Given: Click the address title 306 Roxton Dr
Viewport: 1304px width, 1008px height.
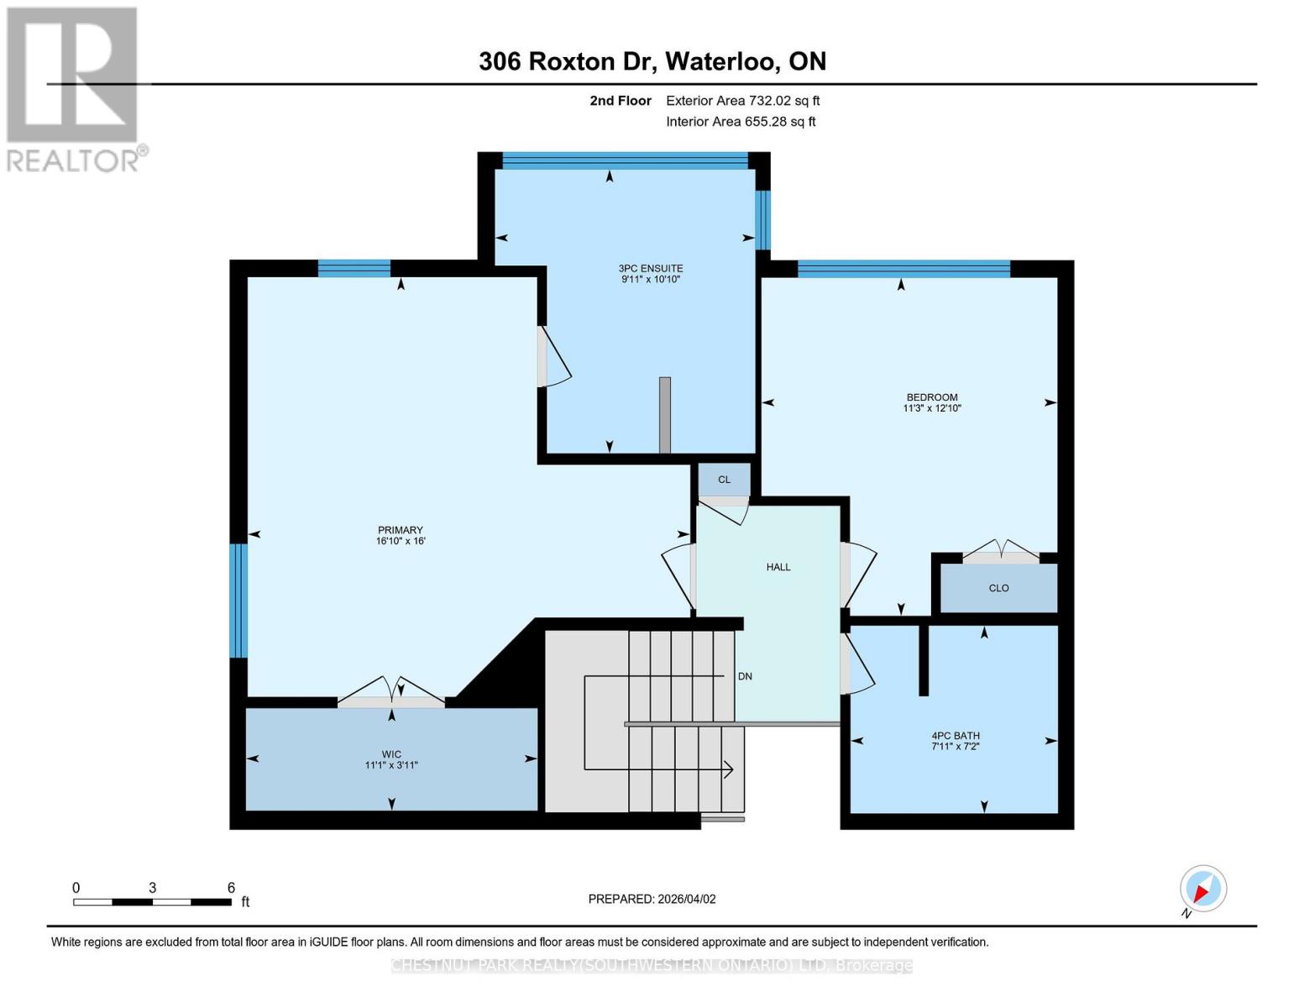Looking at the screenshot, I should click(x=652, y=61).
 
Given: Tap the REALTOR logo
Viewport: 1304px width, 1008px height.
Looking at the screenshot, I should click(x=74, y=89).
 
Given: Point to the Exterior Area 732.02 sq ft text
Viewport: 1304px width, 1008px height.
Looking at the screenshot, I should click(x=742, y=101).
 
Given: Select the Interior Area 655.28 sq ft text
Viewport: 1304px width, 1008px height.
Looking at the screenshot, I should click(x=741, y=122).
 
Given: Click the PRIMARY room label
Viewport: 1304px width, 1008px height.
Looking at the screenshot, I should click(x=400, y=530).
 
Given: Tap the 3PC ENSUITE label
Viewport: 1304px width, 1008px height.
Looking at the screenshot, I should click(x=651, y=269).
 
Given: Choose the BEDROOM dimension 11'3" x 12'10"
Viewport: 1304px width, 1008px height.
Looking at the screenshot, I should click(x=931, y=408).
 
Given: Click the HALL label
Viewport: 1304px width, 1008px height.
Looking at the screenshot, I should click(x=778, y=567).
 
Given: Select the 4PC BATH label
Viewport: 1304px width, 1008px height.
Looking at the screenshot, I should click(x=955, y=736).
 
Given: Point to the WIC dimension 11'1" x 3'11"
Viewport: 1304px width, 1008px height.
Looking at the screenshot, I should click(x=391, y=765).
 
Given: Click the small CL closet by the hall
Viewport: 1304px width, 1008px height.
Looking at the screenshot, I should click(x=724, y=480).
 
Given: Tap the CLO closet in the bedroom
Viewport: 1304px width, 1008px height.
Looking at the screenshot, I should click(x=998, y=588).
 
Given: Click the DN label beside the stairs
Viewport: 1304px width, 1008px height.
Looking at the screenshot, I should click(x=745, y=676).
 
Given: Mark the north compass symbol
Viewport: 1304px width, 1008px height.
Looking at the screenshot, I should click(x=1202, y=890).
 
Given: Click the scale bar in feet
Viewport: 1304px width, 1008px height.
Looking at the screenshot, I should click(x=152, y=901).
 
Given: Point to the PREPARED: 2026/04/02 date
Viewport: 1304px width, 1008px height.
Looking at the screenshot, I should click(x=652, y=899).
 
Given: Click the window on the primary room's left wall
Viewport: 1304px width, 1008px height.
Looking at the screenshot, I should click(x=238, y=601).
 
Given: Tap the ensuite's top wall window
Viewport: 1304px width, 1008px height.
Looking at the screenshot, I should click(x=624, y=160).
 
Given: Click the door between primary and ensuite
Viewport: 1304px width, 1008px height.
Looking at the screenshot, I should click(x=550, y=357).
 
